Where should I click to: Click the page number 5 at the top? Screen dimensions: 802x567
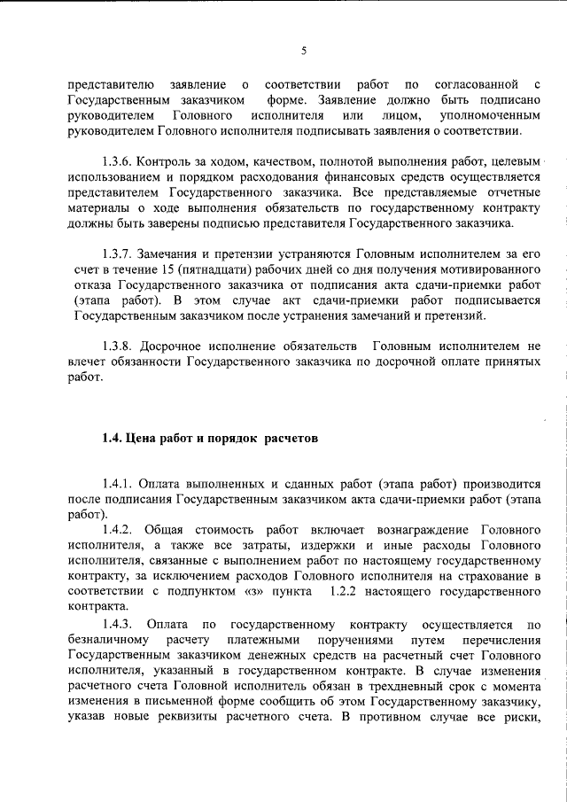tap(304, 51)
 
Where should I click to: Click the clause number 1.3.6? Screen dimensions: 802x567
tap(118, 162)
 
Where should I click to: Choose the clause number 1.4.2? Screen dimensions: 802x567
tap(118, 528)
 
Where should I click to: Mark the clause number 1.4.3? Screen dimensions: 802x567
tap(118, 628)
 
